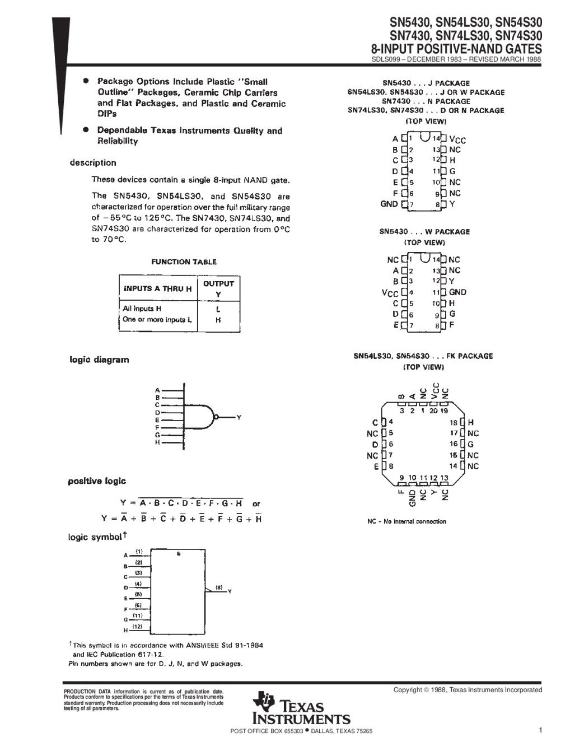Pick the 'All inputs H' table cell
coord(142,309)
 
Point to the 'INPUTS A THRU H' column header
coord(157,288)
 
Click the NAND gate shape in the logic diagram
coord(201,416)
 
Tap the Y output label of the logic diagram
coord(239,417)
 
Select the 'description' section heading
coord(93,163)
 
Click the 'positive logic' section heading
coord(97,481)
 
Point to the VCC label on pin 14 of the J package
coord(457,139)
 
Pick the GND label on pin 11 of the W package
coord(457,292)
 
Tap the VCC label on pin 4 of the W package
coord(390,292)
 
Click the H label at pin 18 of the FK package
coord(470,422)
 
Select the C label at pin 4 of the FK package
coord(375,422)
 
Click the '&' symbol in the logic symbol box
coord(179,553)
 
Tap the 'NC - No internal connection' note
coord(407,521)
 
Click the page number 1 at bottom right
coord(540,730)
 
